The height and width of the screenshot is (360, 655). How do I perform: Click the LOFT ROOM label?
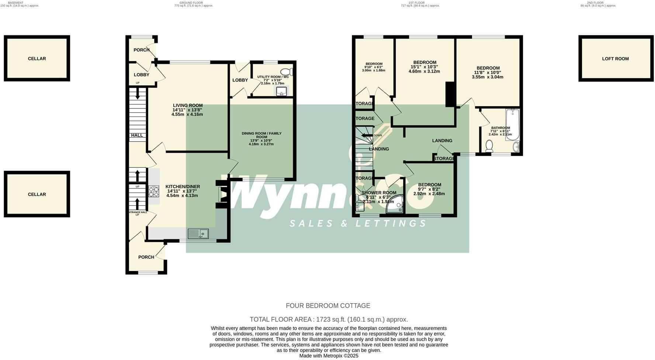click(x=615, y=59)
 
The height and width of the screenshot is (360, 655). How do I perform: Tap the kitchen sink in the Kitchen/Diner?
click(x=198, y=233)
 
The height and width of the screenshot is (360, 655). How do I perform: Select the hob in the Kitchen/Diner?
click(x=154, y=191)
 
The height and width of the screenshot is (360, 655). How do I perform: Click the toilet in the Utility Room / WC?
click(x=286, y=72)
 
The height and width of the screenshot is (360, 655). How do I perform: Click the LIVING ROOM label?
click(x=188, y=105)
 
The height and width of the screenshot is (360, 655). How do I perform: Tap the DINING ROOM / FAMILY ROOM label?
click(x=261, y=135)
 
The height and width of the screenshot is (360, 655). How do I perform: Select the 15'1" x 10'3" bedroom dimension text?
click(x=424, y=67)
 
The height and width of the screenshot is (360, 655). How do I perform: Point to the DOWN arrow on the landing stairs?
click(x=367, y=135)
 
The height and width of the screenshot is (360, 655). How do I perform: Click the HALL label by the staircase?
click(x=137, y=135)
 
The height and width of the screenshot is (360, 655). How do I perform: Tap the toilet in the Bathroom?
click(x=489, y=147)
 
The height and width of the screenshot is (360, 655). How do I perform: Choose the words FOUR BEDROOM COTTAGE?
click(x=328, y=306)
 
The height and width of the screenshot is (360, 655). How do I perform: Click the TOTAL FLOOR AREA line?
click(x=329, y=319)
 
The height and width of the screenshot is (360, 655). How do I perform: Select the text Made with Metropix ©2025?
click(x=329, y=356)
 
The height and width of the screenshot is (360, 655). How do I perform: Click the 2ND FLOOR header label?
click(x=595, y=3)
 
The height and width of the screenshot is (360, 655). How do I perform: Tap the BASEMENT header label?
click(x=15, y=3)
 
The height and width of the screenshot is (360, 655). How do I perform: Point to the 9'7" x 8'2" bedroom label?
click(x=429, y=189)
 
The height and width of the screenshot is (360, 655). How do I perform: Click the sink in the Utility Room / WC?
click(x=281, y=91)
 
